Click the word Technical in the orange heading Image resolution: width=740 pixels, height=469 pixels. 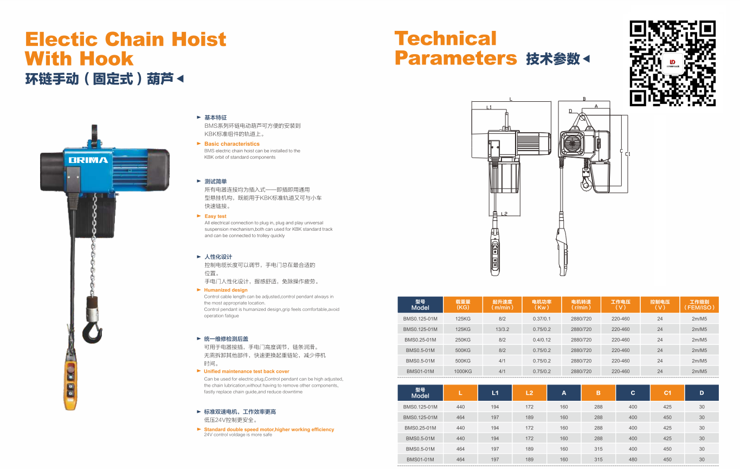click(445, 38)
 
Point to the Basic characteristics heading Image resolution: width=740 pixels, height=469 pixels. click(231, 144)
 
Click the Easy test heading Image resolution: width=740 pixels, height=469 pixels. click(215, 216)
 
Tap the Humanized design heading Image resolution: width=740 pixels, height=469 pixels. click(226, 290)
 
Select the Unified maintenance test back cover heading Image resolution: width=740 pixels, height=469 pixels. click(246, 372)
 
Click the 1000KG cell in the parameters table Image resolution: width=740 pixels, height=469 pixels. click(463, 372)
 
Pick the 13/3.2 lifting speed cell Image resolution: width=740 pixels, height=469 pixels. click(502, 329)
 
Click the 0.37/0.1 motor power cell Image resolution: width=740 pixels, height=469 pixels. click(541, 319)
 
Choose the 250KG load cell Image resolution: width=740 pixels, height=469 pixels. click(463, 340)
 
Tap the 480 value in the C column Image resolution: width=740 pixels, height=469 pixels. click(633, 460)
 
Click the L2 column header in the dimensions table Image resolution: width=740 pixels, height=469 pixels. click(529, 393)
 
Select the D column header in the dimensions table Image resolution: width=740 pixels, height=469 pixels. click(702, 393)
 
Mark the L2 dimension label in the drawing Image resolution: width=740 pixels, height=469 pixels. click(504, 214)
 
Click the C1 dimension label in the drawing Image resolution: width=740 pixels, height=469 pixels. click(628, 154)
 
